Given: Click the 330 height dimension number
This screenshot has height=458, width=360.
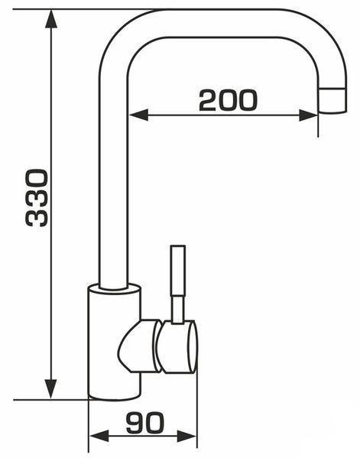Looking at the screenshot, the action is click(37, 198).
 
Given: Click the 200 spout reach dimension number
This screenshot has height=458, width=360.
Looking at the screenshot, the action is click(228, 100).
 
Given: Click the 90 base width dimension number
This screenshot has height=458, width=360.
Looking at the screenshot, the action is click(145, 423).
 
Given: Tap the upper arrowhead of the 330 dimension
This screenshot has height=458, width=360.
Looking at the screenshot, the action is click(51, 18).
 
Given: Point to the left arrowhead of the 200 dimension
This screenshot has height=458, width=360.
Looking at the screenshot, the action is click(138, 115).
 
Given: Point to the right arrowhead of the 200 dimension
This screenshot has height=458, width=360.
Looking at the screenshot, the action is click(308, 115).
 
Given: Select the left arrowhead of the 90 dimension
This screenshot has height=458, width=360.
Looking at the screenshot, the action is click(99, 437).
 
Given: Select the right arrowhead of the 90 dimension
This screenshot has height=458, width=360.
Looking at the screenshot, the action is click(186, 437).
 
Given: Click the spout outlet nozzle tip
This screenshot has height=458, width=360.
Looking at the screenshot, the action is click(332, 100).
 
